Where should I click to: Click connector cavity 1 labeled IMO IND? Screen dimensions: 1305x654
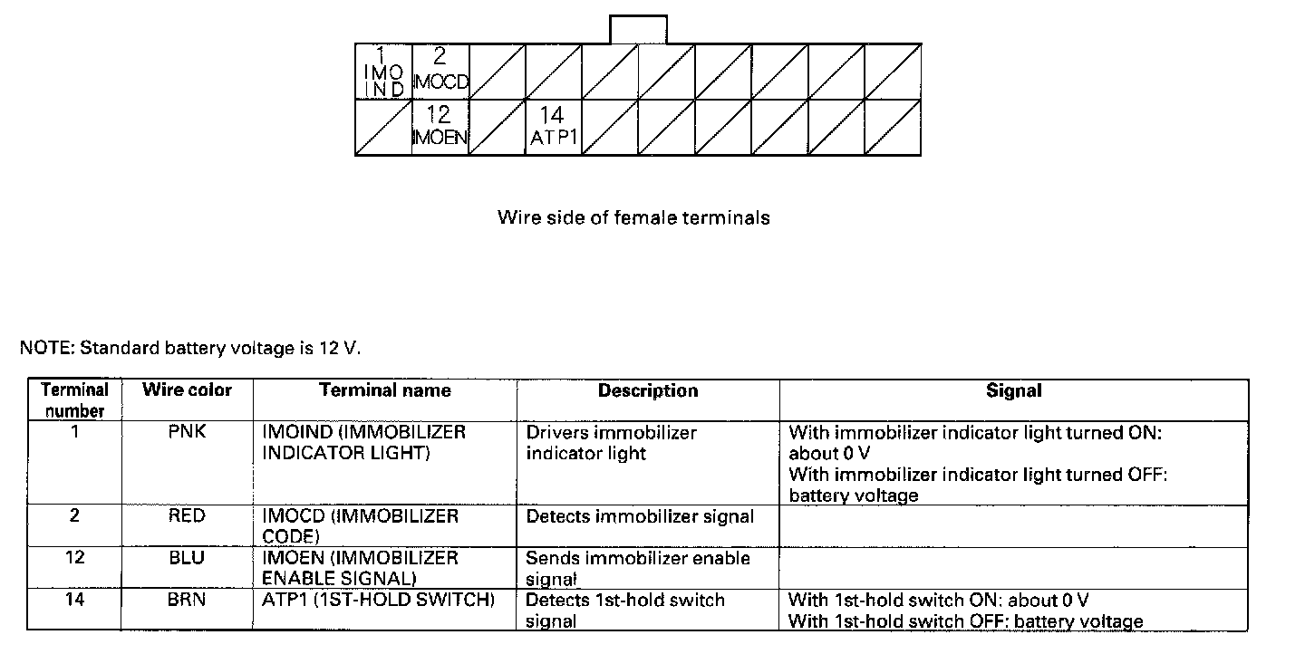[383, 71]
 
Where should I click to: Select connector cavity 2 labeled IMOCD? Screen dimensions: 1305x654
[440, 71]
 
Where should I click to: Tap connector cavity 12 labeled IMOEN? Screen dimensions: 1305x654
[440, 127]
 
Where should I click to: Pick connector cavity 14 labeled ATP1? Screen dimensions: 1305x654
[553, 127]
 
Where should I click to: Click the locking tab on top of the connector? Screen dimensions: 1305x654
[638, 29]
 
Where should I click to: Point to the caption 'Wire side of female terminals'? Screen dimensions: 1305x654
[633, 217]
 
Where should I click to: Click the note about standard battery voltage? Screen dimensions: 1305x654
[190, 348]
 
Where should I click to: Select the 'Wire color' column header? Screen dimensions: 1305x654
[187, 390]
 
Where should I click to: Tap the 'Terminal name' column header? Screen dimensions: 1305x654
[384, 390]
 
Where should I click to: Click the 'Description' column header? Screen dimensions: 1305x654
[648, 391]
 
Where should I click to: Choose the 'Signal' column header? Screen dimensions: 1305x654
[1013, 391]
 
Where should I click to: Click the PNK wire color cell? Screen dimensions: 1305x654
[187, 432]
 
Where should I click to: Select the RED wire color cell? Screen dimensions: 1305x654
[187, 516]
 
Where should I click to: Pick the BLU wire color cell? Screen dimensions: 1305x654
[187, 558]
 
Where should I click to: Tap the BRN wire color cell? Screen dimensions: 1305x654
[187, 600]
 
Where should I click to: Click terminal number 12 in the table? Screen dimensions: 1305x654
[75, 558]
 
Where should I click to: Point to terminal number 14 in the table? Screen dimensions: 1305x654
[75, 600]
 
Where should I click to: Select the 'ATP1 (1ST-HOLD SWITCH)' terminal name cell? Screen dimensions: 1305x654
[378, 600]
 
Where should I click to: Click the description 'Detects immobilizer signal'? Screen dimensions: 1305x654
[640, 517]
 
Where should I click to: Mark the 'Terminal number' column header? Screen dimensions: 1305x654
[75, 399]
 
